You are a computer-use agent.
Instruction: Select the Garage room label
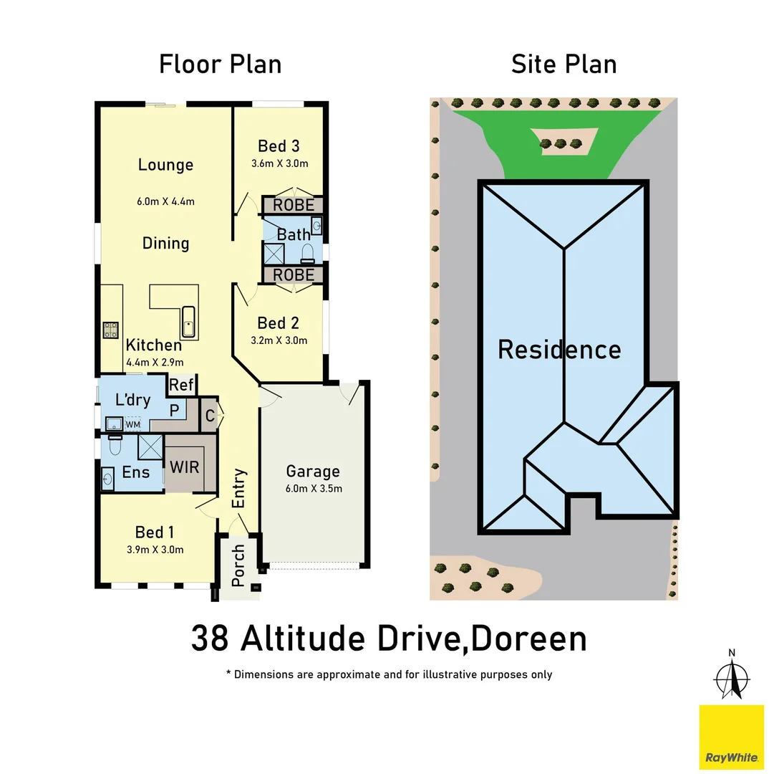tap(313, 472)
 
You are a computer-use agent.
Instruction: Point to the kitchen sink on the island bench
tap(188, 321)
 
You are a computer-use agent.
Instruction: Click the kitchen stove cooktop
tap(111, 330)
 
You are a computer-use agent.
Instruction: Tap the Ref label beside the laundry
tap(182, 385)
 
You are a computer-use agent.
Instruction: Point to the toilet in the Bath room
tap(308, 252)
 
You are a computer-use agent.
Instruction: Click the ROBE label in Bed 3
tap(294, 206)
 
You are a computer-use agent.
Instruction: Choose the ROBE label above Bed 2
tap(294, 274)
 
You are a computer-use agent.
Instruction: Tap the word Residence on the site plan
tap(559, 350)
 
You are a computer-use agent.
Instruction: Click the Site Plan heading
tap(564, 64)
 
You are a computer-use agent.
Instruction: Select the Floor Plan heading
tap(220, 64)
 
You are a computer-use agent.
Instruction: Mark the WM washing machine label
tap(132, 424)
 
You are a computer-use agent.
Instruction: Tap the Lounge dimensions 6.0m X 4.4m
tap(166, 201)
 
